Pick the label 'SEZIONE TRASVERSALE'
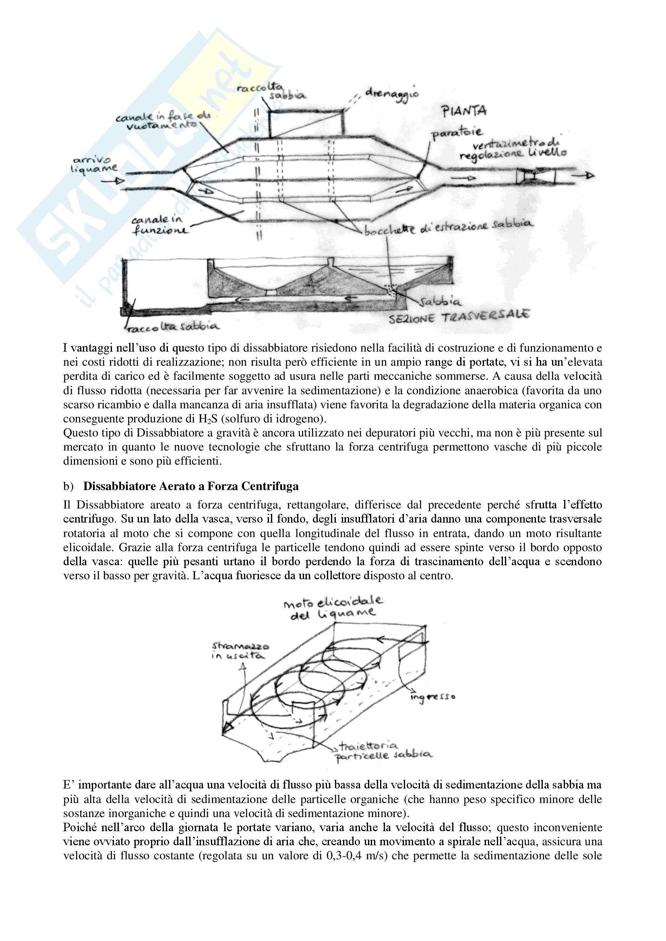click(459, 316)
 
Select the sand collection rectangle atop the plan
click(306, 123)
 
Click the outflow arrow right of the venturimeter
click(584, 176)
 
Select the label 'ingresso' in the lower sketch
click(432, 696)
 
